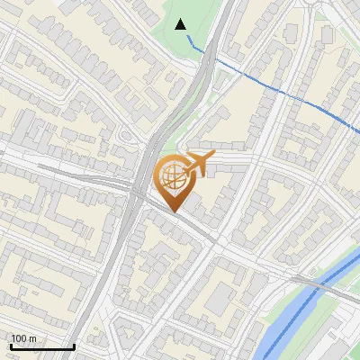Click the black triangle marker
pyautogui.click(x=181, y=24)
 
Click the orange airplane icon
pyautogui.click(x=198, y=165)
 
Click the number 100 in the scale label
pyautogui.click(x=20, y=338)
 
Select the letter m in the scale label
pyautogui.click(x=34, y=338)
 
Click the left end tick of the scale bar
pyautogui.click(x=11, y=345)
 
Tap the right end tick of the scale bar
pyautogui.click(x=74, y=345)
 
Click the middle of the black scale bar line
pyautogui.click(x=42, y=346)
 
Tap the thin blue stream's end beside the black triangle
pyautogui.click(x=186, y=37)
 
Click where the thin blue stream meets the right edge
pyautogui.click(x=358, y=134)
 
